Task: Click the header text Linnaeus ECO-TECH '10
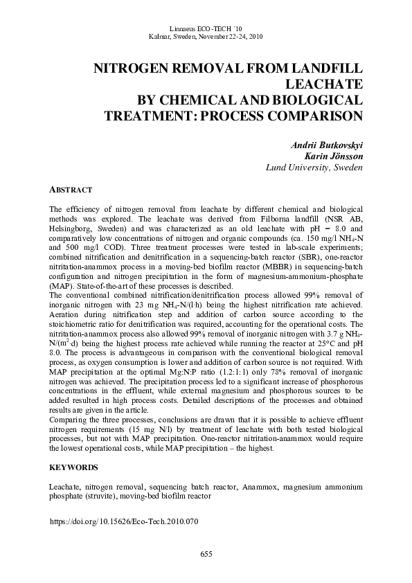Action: (206, 27)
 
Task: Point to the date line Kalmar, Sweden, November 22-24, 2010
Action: (206, 36)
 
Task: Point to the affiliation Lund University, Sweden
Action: (315, 168)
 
